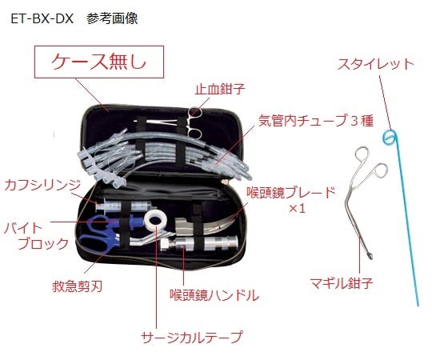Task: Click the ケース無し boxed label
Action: pos(99,62)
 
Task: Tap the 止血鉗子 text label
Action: pos(219,89)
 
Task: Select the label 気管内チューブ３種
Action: pos(316,121)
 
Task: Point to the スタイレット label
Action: pos(376,64)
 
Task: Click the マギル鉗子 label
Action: pos(342,283)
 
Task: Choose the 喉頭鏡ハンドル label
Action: pos(214,295)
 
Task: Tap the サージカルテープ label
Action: pos(192,337)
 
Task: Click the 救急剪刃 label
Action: pos(77,286)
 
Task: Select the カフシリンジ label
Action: pos(42,185)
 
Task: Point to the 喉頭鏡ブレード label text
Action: pos(290,193)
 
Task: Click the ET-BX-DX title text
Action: pos(42,19)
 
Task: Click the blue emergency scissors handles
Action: pos(98,234)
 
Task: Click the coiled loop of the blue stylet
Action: pos(390,136)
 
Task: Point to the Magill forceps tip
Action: pos(370,256)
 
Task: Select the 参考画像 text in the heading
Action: pos(112,19)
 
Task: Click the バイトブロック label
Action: pos(36,236)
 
